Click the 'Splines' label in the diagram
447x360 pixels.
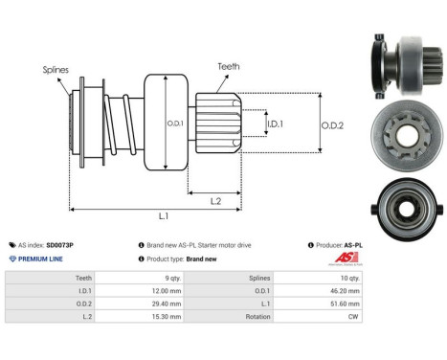click(56, 69)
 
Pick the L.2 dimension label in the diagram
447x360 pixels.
click(216, 199)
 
